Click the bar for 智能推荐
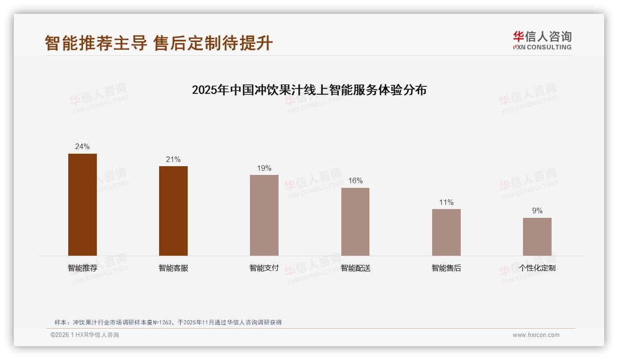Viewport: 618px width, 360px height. coord(83,204)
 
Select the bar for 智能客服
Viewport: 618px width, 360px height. coord(173,211)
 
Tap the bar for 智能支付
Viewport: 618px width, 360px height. coord(264,215)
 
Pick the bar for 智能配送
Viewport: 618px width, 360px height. coord(355,222)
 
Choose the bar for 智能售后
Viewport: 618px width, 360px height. coord(446,232)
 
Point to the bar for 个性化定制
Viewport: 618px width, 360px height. coord(537,237)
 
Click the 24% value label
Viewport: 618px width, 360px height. coord(83,147)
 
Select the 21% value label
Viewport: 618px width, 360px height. coord(173,160)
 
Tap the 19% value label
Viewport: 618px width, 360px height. coord(264,168)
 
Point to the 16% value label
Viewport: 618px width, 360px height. coord(355,181)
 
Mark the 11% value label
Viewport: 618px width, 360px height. coord(446,203)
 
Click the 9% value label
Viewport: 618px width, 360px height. coord(537,211)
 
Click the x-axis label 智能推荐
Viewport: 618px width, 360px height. coord(83,268)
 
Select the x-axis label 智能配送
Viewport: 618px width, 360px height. coord(355,268)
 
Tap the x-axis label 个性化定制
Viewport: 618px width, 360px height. coord(537,268)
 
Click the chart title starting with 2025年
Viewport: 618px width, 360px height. coord(309,90)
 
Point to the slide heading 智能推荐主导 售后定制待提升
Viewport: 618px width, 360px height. coord(159,43)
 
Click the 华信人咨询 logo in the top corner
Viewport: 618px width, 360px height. coord(542,40)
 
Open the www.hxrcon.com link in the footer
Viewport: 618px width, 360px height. coord(536,335)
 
